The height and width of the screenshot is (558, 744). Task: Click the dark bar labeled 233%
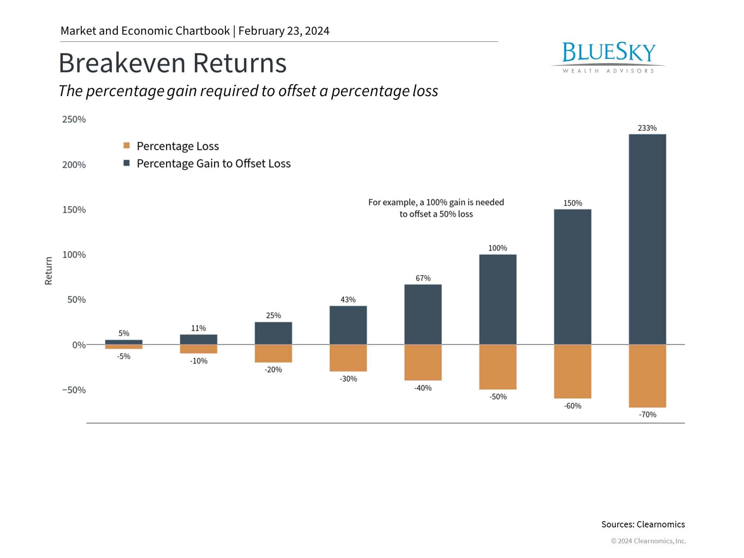647,239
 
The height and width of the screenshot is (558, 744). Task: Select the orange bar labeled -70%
647,376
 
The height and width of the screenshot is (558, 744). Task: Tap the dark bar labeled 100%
498,299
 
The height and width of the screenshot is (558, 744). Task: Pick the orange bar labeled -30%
348,358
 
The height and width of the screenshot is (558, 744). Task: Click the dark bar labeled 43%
348,325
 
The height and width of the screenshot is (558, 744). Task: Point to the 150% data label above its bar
572,203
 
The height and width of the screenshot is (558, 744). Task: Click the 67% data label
423,278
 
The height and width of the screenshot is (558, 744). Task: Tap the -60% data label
572,406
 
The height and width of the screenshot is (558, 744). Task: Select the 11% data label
198,328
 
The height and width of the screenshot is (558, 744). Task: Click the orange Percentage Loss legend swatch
126,146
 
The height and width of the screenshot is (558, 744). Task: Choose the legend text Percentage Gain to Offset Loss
214,164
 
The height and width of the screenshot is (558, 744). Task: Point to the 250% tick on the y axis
74,119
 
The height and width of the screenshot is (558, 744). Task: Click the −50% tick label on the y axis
74,390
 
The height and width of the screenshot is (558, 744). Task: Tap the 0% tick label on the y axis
79,345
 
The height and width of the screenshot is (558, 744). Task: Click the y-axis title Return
48,271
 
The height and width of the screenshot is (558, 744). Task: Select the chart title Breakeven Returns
172,63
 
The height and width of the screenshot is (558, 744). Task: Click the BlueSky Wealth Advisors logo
608,57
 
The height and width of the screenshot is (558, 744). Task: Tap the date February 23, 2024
284,31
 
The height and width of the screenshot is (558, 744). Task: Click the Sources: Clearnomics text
643,524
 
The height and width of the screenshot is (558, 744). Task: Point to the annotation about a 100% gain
436,208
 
